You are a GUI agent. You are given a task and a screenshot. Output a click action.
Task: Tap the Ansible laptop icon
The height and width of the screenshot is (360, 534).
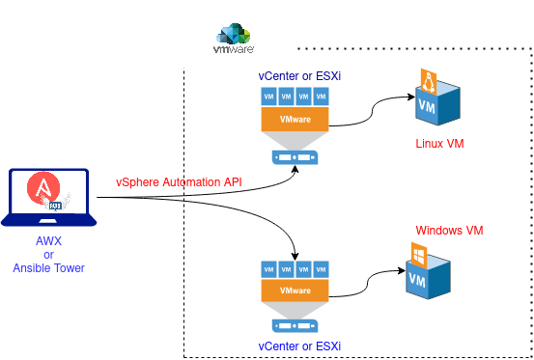(48, 199)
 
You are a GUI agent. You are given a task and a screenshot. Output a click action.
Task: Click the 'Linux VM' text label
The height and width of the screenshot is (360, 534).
(439, 144)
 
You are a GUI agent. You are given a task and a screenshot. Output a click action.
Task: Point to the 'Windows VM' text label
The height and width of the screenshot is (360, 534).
(448, 231)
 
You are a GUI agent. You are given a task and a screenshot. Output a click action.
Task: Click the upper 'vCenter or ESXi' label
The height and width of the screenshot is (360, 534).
(295, 75)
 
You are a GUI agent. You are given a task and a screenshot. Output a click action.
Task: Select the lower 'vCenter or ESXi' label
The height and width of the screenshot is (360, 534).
(298, 345)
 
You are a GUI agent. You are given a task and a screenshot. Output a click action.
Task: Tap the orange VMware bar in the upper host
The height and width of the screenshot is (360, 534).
(295, 118)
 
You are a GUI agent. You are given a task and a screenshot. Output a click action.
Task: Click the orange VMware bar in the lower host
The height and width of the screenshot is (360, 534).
(295, 291)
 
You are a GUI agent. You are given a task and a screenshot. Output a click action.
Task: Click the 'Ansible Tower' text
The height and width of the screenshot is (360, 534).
(48, 268)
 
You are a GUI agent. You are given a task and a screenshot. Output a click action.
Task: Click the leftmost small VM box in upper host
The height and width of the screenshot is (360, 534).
(268, 97)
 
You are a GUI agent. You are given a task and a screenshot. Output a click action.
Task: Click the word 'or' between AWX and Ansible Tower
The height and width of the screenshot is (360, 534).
(48, 255)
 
